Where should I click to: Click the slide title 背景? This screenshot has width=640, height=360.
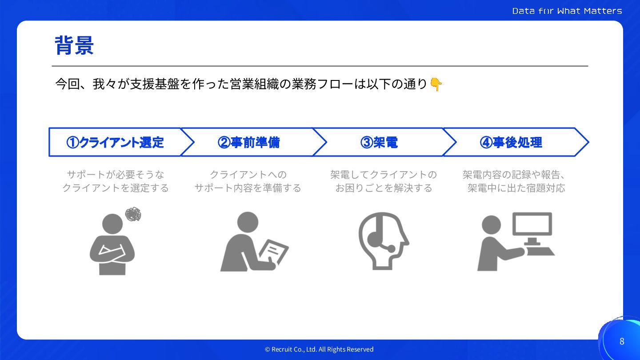[x=74, y=45]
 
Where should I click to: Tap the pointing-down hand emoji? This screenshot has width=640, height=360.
[x=436, y=84]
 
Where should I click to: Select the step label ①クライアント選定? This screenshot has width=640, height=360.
[x=115, y=142]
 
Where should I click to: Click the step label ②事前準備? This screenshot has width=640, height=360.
[x=248, y=142]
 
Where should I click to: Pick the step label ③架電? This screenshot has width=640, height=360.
[x=379, y=142]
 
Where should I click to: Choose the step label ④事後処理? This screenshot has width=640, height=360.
[x=511, y=142]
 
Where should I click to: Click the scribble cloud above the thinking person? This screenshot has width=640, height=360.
[x=133, y=214]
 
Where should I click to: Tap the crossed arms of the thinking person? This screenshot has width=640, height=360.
[x=112, y=252]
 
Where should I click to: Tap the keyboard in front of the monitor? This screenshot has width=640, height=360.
[x=540, y=252]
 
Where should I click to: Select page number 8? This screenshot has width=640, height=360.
[x=622, y=341]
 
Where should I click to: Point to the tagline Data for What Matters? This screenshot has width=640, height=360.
[x=567, y=11]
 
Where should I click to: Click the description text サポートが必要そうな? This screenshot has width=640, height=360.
[x=116, y=174]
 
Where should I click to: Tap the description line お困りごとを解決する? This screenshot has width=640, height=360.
[x=384, y=188]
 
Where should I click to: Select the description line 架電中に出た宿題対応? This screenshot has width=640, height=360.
[x=516, y=188]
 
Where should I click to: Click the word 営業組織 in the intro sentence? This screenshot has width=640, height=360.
[x=254, y=84]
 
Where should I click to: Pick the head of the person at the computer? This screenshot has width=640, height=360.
[x=491, y=225]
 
